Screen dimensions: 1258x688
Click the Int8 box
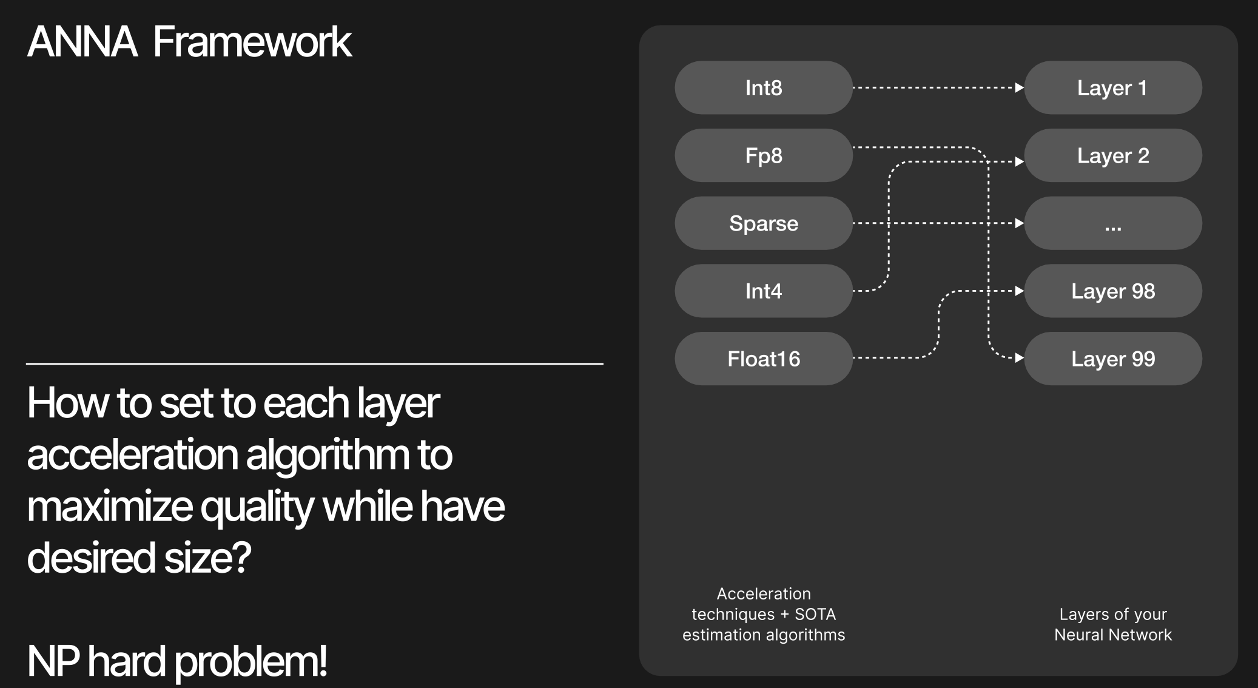[x=764, y=87]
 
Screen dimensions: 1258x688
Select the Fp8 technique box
[x=764, y=155]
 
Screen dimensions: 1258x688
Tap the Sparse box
[x=764, y=223]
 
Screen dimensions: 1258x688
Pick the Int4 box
[x=764, y=291]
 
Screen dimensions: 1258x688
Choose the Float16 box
[x=764, y=359]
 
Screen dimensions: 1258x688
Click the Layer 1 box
[x=1113, y=87]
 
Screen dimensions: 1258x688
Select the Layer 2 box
[x=1113, y=155]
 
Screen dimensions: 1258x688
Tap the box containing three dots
[x=1113, y=223]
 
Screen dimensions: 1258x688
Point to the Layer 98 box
[x=1113, y=291]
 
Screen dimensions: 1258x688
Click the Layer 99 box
[x=1113, y=359]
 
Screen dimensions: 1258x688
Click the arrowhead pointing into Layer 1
[x=1020, y=87]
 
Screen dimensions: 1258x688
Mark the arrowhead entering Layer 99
[x=1020, y=358]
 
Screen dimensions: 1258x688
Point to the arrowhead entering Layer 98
[x=1020, y=291]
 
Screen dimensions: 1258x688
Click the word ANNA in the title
[x=82, y=42]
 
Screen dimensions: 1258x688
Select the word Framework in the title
[x=252, y=42]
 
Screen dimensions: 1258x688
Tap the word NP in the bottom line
[x=53, y=661]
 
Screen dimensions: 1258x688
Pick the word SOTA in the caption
[x=815, y=614]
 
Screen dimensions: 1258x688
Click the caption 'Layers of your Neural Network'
[x=1113, y=624]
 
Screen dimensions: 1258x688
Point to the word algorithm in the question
[x=328, y=456]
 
